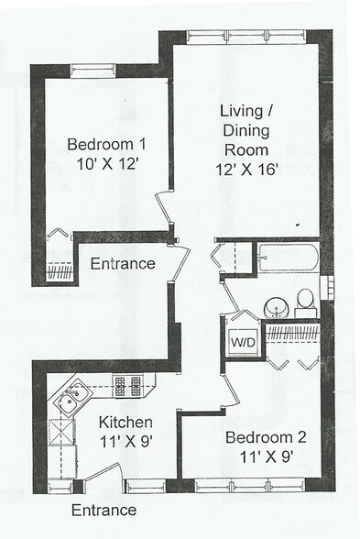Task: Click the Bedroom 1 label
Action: click(105, 144)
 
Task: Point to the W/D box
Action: click(243, 342)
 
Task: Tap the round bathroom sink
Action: click(276, 305)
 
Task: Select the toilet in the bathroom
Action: click(306, 300)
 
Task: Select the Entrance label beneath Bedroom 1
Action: click(122, 265)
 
